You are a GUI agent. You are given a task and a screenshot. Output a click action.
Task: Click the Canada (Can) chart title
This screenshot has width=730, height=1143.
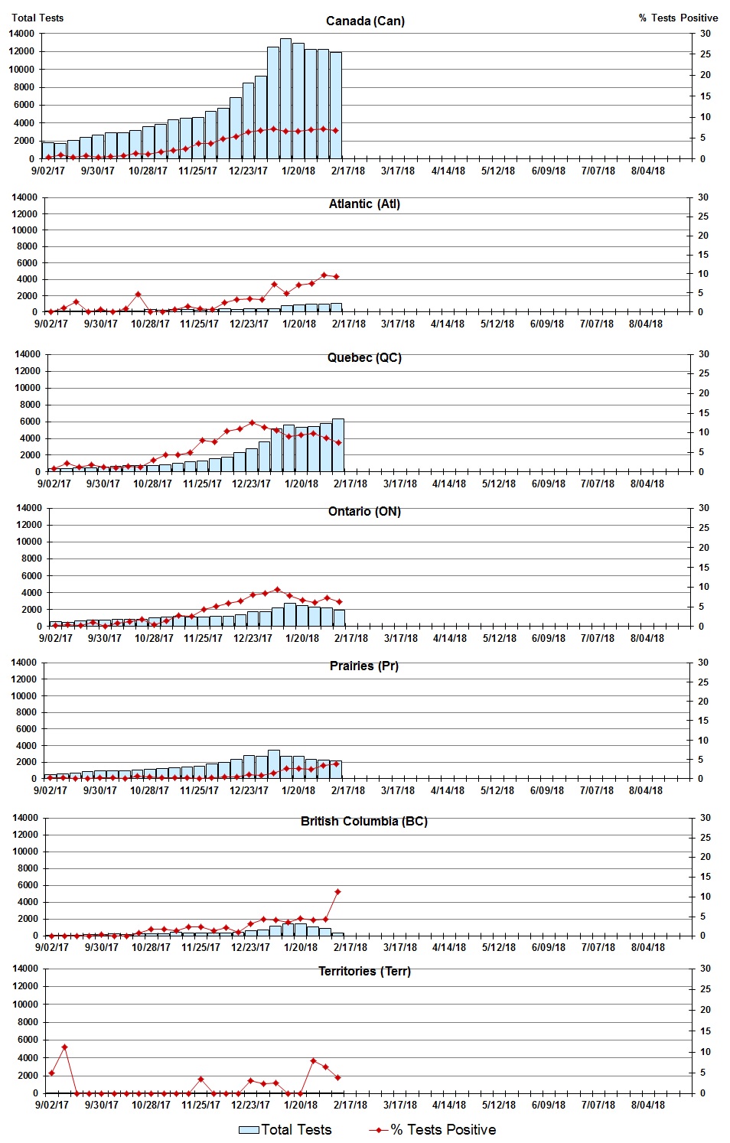coord(365,21)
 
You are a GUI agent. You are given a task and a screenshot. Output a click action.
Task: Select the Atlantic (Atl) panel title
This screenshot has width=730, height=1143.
coord(364,204)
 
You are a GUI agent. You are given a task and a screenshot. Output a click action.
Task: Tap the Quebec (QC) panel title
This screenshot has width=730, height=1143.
coord(364,357)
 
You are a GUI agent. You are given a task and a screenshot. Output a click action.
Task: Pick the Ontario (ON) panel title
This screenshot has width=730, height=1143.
coord(364,511)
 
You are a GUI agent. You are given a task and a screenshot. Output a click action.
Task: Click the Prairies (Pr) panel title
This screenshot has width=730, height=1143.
coord(364,666)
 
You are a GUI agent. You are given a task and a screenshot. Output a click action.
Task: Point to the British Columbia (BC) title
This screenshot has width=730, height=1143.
coord(364,821)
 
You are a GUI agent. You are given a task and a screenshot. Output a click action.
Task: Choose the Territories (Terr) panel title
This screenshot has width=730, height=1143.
coord(364,971)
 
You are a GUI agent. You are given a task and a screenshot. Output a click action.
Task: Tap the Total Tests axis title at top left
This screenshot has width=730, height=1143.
coord(37,18)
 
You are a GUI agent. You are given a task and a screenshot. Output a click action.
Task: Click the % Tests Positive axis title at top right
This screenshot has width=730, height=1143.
coord(679,18)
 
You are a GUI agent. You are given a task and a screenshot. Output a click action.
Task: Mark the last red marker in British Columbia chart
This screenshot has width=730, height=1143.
coord(337,892)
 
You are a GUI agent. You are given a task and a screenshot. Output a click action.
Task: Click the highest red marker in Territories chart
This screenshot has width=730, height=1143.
coord(64,1047)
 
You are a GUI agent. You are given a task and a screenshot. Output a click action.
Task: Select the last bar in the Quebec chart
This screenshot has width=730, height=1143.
coord(337,444)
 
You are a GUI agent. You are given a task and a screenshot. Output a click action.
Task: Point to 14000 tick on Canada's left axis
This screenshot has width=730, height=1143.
coord(21,34)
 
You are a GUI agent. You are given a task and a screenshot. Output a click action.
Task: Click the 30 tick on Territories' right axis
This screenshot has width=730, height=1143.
coord(705,969)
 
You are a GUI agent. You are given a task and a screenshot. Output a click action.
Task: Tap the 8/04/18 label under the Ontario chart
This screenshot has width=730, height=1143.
coord(647,638)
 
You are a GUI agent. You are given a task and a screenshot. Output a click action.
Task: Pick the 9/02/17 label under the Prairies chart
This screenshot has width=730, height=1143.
coord(50,790)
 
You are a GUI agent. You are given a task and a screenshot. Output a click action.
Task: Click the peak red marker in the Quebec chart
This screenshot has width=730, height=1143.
coord(252,422)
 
